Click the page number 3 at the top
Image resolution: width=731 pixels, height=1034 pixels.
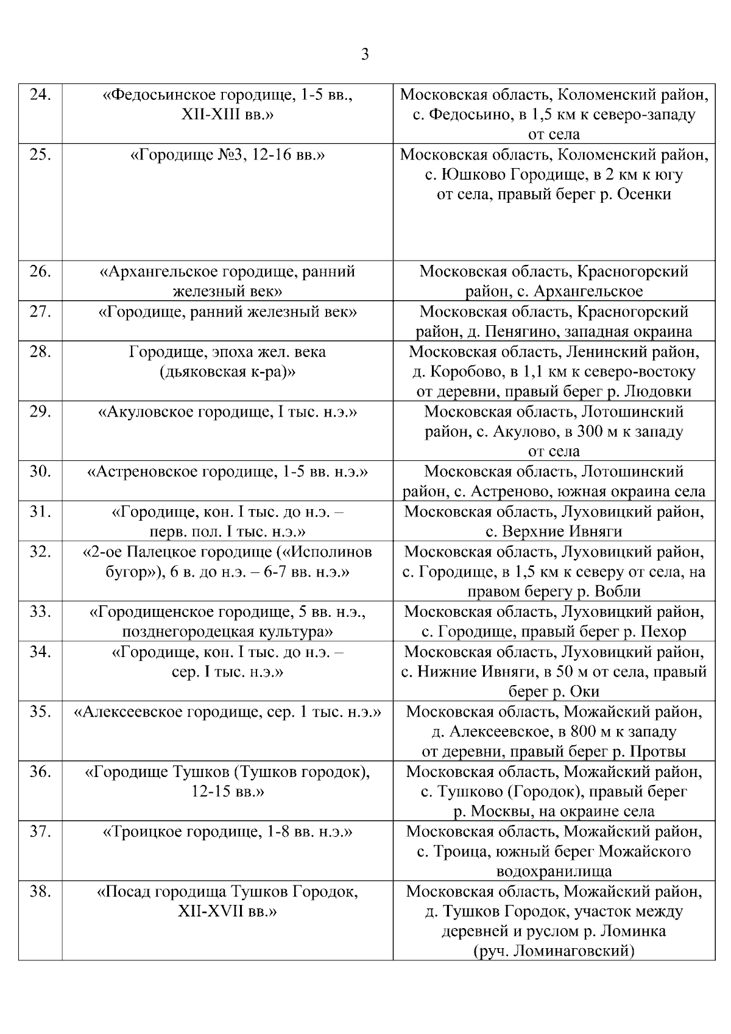click(x=365, y=55)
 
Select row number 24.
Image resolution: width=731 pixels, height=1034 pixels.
click(x=40, y=95)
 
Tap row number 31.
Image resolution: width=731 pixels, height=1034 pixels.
click(x=40, y=512)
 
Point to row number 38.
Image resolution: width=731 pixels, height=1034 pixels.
click(x=40, y=892)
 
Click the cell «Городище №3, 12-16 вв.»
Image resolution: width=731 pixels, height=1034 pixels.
click(x=227, y=155)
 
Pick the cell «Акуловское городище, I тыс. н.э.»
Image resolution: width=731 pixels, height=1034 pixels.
click(x=227, y=412)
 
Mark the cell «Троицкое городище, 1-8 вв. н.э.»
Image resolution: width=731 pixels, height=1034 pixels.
click(x=227, y=832)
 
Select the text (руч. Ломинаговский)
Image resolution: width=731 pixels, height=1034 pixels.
click(x=554, y=951)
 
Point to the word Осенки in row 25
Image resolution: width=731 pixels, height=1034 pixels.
click(x=644, y=194)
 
